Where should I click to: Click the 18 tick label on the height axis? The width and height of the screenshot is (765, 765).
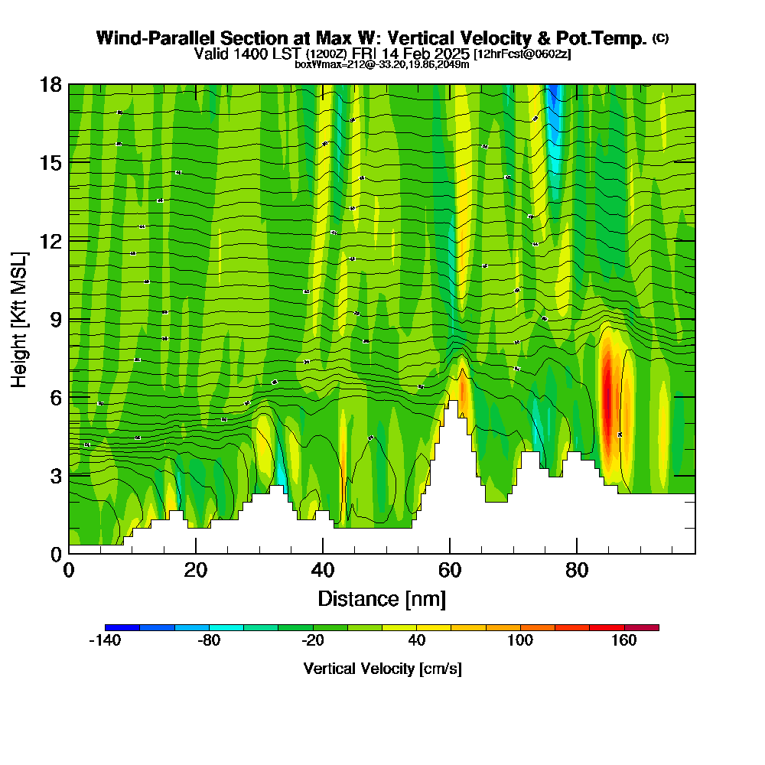[x=50, y=84]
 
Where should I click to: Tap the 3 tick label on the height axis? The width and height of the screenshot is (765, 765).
[x=55, y=476]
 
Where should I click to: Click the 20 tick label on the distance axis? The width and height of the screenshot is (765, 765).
[x=196, y=569]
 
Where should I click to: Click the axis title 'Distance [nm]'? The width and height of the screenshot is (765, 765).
[x=382, y=598]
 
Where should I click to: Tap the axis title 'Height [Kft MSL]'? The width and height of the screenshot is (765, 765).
[x=20, y=319]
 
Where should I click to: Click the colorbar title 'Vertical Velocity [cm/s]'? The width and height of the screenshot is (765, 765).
[x=382, y=669]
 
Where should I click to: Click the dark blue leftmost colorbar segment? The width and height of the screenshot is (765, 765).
[x=122, y=627]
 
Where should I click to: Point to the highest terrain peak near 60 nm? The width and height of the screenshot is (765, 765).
[x=453, y=405]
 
